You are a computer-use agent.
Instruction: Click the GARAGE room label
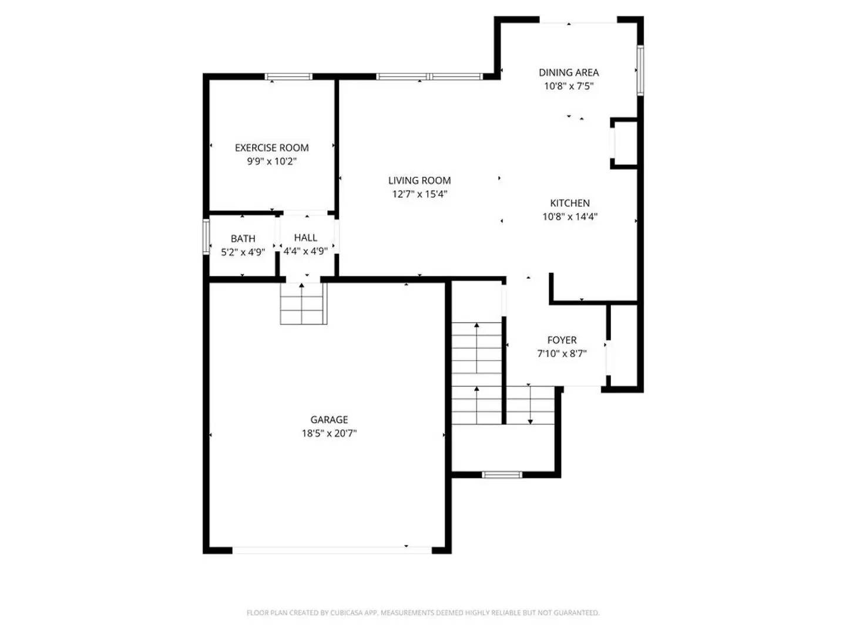(x=329, y=420)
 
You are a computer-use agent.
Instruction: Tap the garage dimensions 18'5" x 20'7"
(x=329, y=434)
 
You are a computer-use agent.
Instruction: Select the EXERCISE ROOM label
(x=271, y=148)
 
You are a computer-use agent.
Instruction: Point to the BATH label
(x=243, y=239)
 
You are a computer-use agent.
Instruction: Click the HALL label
(x=305, y=238)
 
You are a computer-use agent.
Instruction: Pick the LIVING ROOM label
(x=419, y=181)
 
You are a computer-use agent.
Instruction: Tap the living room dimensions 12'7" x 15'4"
(x=419, y=194)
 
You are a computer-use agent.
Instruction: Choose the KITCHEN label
(x=569, y=203)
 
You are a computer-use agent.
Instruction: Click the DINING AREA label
(x=569, y=73)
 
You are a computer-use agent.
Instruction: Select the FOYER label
(x=562, y=340)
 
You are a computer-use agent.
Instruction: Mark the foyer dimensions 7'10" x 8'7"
(x=562, y=354)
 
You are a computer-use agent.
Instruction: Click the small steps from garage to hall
(x=303, y=303)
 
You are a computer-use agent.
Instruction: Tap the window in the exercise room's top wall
(x=288, y=76)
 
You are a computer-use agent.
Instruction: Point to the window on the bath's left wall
(x=206, y=237)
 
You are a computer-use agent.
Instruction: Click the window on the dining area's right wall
(x=640, y=70)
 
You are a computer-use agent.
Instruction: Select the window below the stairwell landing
(x=502, y=474)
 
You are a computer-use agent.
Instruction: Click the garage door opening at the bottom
(x=332, y=550)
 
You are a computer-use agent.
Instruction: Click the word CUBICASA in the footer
(x=345, y=613)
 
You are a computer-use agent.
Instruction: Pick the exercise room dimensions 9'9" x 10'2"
(x=271, y=161)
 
